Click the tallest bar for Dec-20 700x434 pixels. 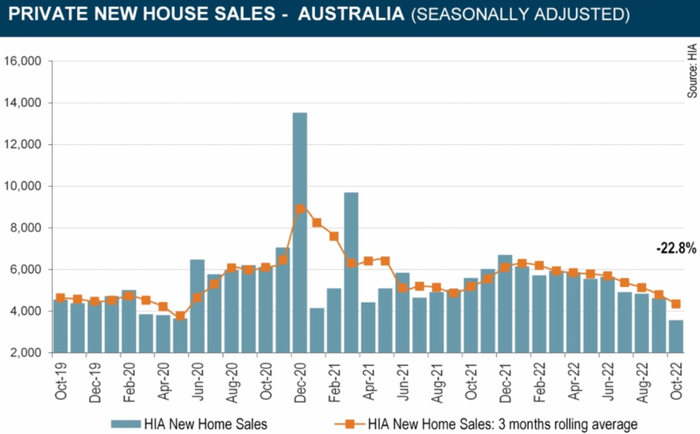(x=299, y=233)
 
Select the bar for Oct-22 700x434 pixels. (x=676, y=336)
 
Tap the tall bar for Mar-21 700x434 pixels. (x=351, y=272)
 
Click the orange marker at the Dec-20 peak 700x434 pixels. (x=300, y=209)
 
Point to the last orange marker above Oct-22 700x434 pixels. (x=676, y=304)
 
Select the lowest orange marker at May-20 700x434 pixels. (x=180, y=316)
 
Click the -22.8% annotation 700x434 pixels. (x=676, y=248)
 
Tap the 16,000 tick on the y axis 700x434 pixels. (x=23, y=61)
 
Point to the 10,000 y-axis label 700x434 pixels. (x=23, y=186)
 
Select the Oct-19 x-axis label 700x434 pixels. (x=61, y=382)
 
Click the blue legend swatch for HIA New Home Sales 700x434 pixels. (x=125, y=424)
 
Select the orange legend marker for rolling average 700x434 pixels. (x=349, y=424)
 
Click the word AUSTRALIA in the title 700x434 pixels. (x=351, y=14)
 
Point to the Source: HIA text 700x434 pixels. (x=692, y=71)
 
